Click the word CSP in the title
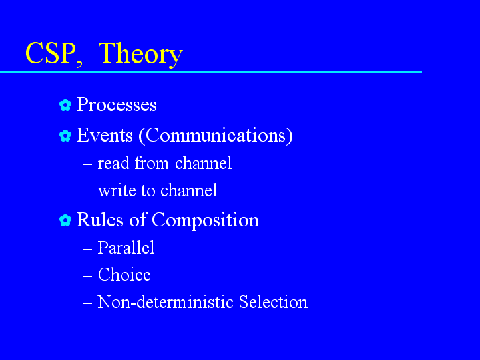click(x=51, y=53)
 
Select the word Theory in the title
click(x=140, y=55)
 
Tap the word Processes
click(x=116, y=104)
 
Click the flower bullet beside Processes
click(x=65, y=105)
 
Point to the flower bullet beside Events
click(x=65, y=136)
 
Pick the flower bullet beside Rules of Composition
click(x=65, y=220)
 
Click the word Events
click(x=104, y=135)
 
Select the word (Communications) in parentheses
click(x=216, y=136)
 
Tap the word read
click(x=113, y=163)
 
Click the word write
click(x=117, y=190)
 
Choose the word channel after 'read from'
click(x=203, y=163)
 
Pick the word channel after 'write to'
click(x=188, y=190)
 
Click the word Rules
click(x=99, y=220)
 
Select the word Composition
click(x=205, y=220)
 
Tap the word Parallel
click(x=126, y=248)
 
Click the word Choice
click(x=124, y=275)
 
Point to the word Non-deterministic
click(x=166, y=302)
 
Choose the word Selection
click(x=273, y=302)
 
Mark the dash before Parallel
click(x=87, y=249)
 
